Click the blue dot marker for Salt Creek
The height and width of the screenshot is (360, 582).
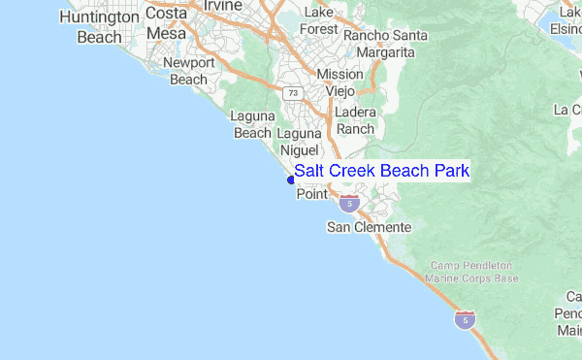[290, 179]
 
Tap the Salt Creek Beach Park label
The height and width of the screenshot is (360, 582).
[382, 172]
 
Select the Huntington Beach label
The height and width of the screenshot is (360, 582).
[99, 27]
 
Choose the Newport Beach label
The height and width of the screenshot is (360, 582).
[188, 71]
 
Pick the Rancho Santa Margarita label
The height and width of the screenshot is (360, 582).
[385, 43]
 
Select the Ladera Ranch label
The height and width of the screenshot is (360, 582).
[355, 120]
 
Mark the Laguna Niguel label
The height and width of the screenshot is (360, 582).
[299, 142]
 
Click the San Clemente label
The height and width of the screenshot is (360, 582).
[368, 228]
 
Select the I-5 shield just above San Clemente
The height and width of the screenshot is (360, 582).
[349, 203]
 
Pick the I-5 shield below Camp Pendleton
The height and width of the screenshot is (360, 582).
[467, 320]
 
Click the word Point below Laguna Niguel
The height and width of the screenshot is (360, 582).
[311, 194]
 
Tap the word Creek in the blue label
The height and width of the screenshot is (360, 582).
[354, 172]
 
